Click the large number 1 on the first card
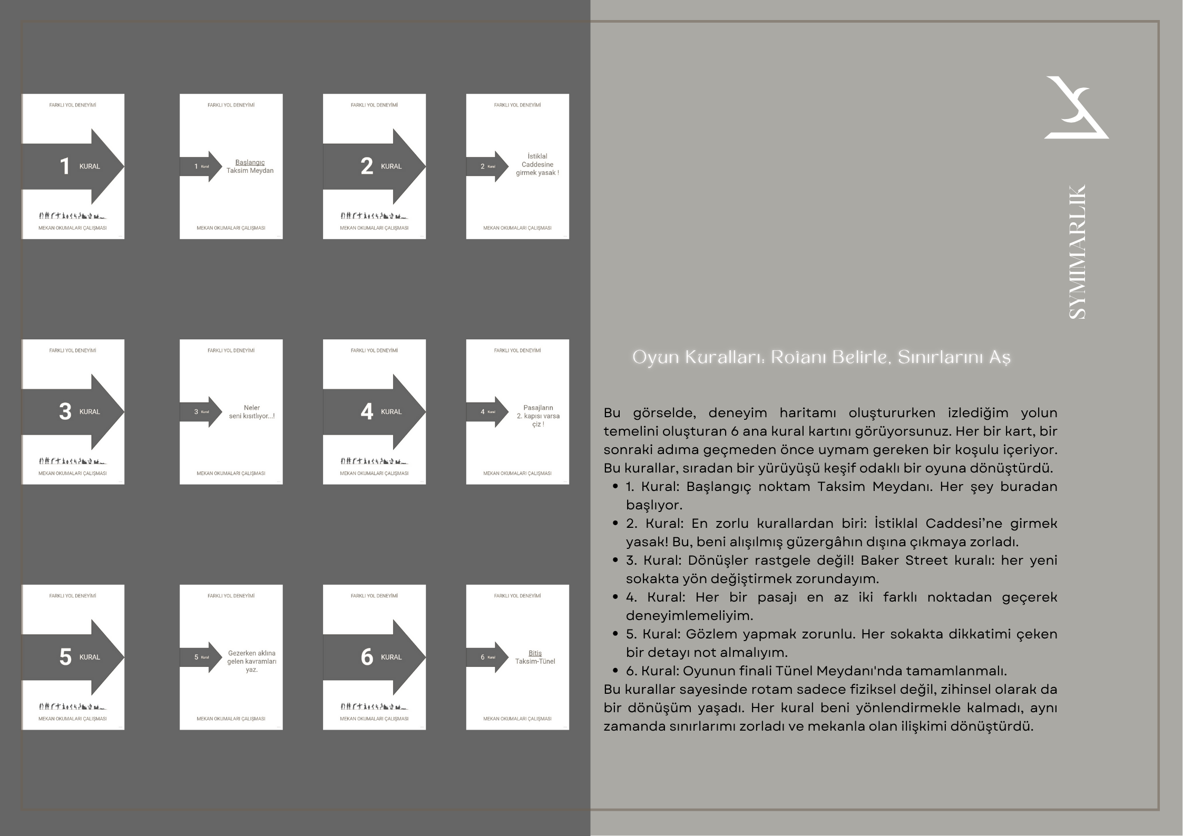click(64, 166)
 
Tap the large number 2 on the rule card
click(366, 166)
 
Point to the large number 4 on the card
click(366, 412)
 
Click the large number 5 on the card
click(65, 657)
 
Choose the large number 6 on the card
click(366, 657)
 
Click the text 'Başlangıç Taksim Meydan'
click(250, 166)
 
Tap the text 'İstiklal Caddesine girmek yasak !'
click(537, 164)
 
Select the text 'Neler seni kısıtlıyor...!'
click(251, 412)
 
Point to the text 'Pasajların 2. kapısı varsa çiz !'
click(537, 416)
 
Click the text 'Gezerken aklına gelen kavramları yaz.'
click(251, 661)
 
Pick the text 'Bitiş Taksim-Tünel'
click(535, 657)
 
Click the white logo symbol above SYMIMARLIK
click(1075, 108)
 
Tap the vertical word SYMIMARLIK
click(1077, 252)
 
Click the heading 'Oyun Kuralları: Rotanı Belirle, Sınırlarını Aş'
click(821, 357)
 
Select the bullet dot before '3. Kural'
click(615, 560)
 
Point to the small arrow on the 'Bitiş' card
click(487, 657)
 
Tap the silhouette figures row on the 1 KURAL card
click(72, 215)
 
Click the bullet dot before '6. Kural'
click(615, 671)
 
